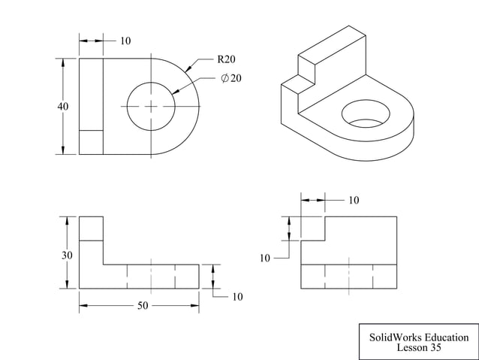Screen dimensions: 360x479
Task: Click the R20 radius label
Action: pyautogui.click(x=227, y=59)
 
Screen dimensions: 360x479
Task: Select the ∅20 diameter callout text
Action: pyautogui.click(x=231, y=78)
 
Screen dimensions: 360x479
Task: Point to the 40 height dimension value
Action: pyautogui.click(x=63, y=107)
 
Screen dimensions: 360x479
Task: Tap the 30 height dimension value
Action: pyautogui.click(x=67, y=256)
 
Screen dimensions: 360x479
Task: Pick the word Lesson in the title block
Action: pyautogui.click(x=412, y=348)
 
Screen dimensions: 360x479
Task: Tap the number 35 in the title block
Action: pyautogui.click(x=435, y=348)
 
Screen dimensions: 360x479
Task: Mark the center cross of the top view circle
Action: pyautogui.click(x=151, y=107)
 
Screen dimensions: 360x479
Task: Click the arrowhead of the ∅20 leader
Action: pyautogui.click(x=174, y=92)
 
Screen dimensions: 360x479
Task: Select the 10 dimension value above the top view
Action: pyautogui.click(x=125, y=41)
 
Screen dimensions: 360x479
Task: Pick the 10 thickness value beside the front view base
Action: pyautogui.click(x=237, y=297)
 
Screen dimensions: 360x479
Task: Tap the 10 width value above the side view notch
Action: pyautogui.click(x=354, y=201)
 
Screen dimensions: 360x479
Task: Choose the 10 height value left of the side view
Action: pyautogui.click(x=265, y=258)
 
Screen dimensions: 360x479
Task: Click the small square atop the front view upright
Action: pyautogui.click(x=91, y=228)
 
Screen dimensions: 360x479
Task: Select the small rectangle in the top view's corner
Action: pyautogui.click(x=91, y=142)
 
